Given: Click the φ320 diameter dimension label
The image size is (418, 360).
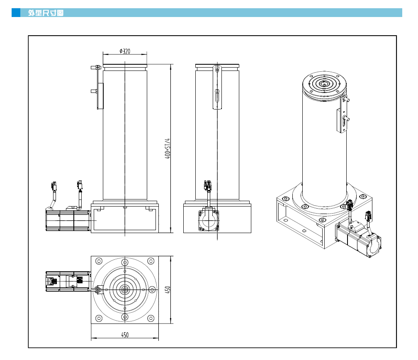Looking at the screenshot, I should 125,51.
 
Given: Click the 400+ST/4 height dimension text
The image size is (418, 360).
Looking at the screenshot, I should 168,148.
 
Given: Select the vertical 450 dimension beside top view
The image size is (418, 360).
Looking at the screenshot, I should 168,289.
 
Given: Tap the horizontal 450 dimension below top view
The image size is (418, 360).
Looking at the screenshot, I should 125,335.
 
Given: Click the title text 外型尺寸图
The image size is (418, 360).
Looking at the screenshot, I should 46,13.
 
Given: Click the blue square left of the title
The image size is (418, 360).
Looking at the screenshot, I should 16,13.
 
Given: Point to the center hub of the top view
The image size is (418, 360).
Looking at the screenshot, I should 125,289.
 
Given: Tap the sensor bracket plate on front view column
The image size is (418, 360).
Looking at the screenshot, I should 100,96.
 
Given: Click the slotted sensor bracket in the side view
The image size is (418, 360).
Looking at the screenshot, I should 217,88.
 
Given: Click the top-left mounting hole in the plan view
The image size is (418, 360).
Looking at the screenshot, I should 99,261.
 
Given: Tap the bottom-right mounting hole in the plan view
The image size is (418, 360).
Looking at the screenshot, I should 151,318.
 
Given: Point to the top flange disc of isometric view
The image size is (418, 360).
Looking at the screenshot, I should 324,85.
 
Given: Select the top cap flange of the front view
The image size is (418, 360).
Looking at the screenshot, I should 125,66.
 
